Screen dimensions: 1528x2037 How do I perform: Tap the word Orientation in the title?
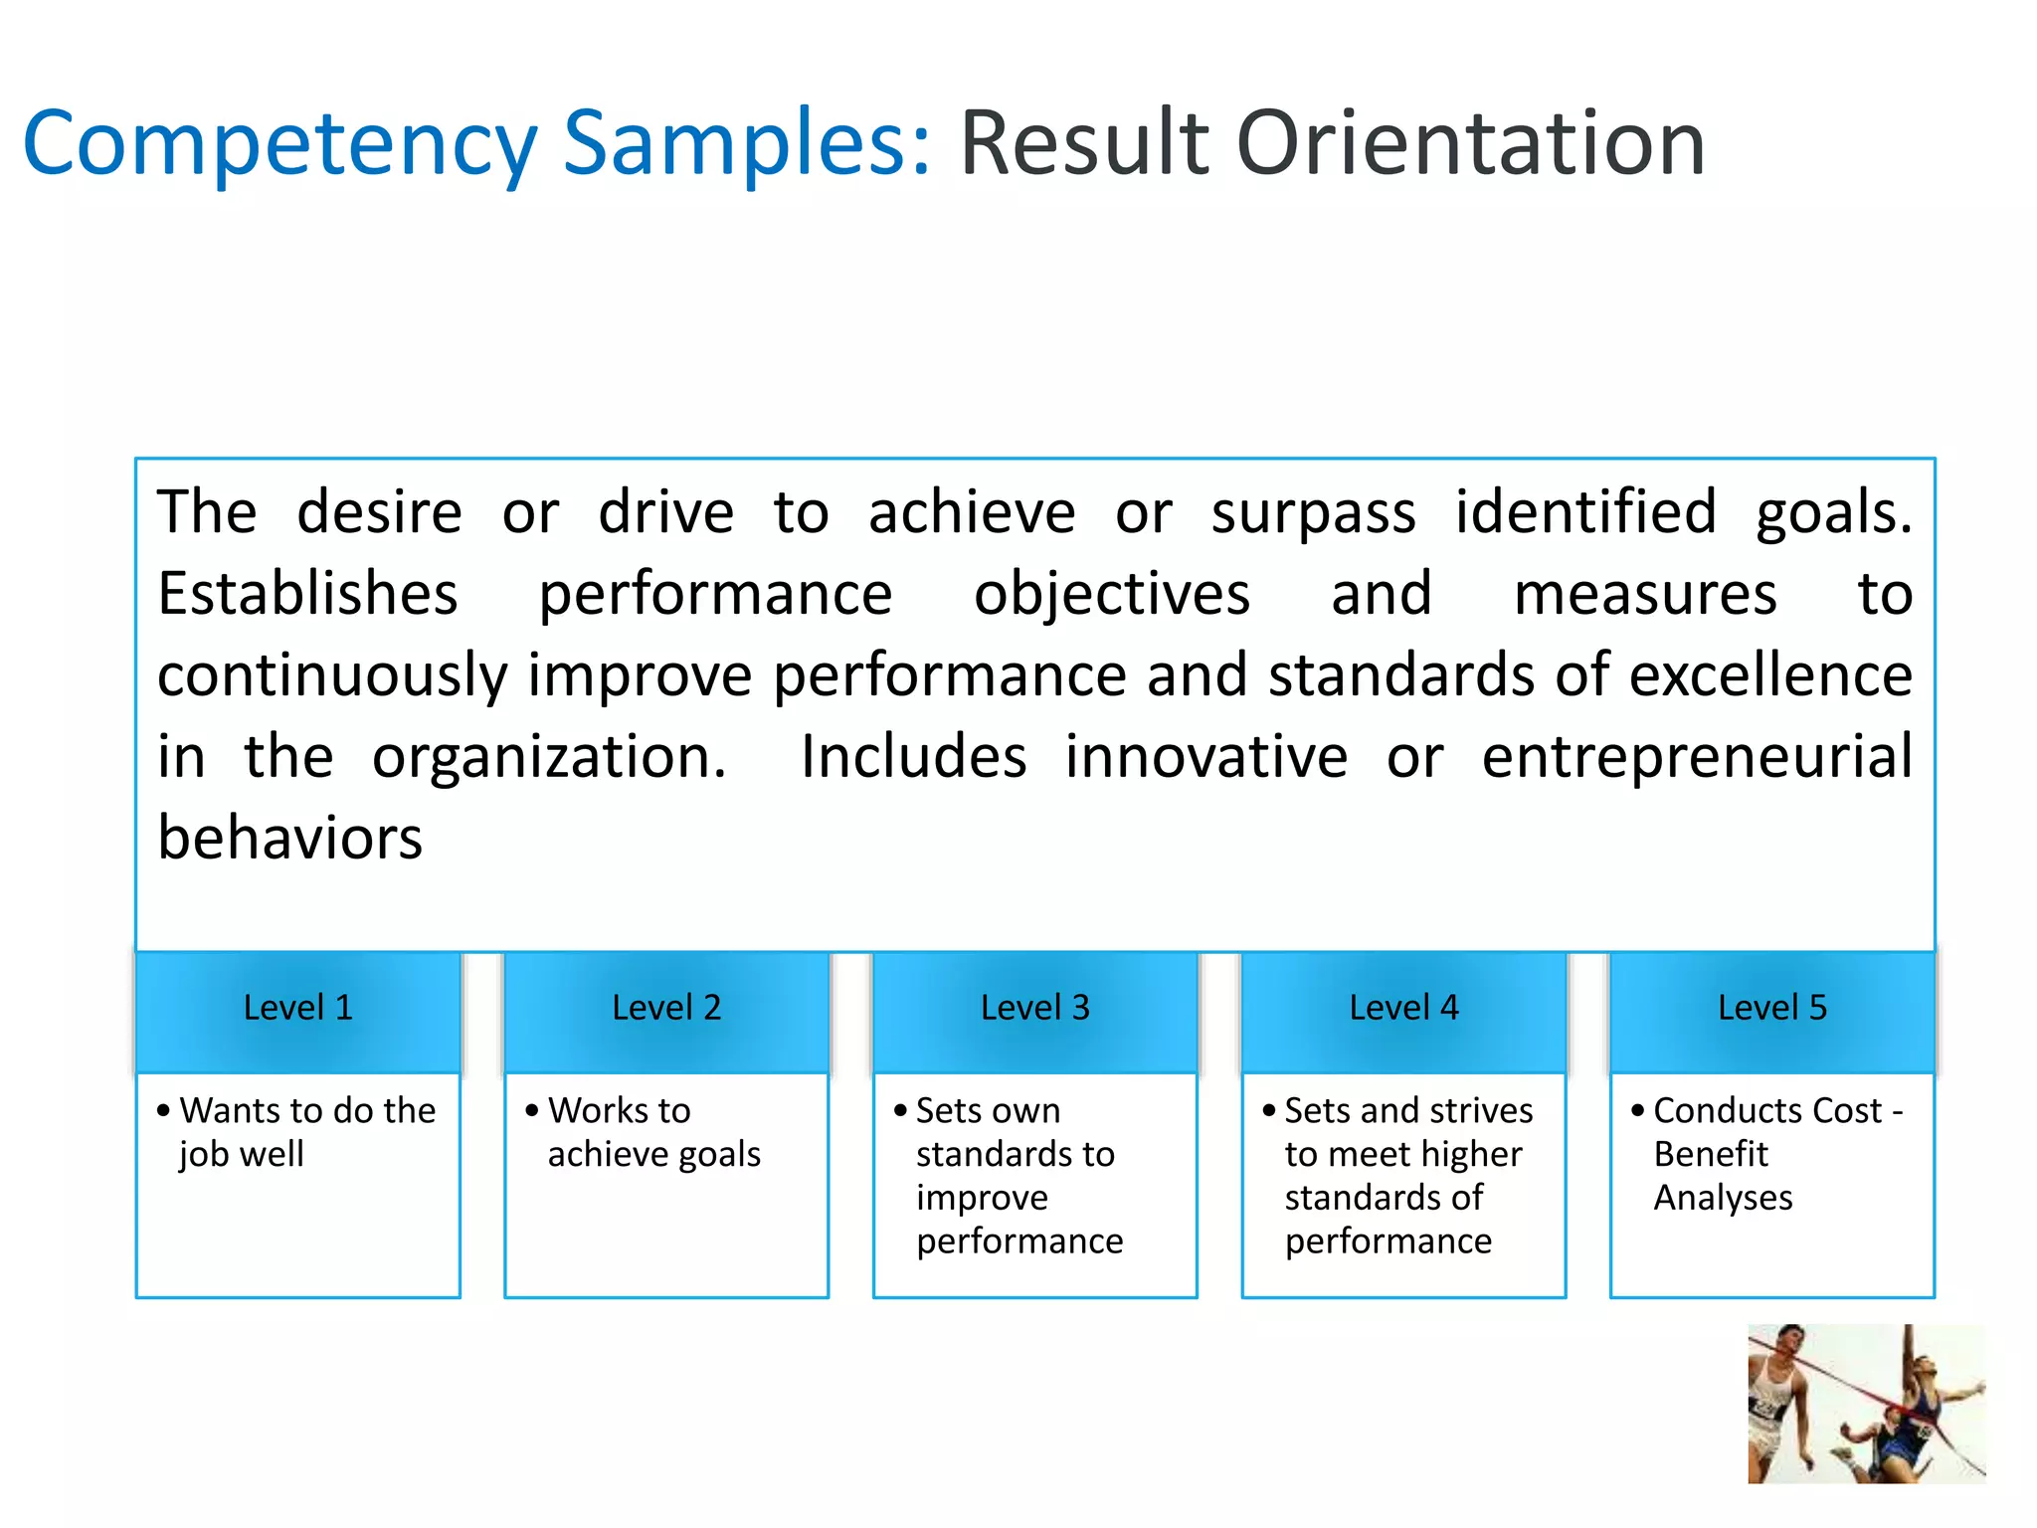[x=1470, y=144]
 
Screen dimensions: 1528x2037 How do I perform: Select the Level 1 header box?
[x=298, y=1009]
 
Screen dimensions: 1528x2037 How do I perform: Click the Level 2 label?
[x=666, y=1008]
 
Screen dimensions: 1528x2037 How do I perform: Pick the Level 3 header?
[x=1034, y=1009]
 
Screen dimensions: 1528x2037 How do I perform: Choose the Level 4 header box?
[x=1403, y=1009]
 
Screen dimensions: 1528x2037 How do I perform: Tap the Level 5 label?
[x=1771, y=1008]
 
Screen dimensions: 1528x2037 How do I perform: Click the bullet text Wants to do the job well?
[x=306, y=1132]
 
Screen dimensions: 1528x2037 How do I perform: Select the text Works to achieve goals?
[x=652, y=1132]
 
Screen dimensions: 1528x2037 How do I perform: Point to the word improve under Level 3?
[x=982, y=1198]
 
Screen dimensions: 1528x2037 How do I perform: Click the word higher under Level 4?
[x=1471, y=1154]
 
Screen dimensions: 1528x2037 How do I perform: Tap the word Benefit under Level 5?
[x=1711, y=1154]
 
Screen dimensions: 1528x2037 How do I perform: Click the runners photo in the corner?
[x=1866, y=1404]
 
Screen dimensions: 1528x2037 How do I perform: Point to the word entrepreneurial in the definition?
[x=1697, y=757]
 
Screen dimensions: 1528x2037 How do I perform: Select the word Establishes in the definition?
[x=307, y=595]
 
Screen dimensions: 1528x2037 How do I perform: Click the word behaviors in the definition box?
[x=290, y=839]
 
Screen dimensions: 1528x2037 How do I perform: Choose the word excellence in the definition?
[x=1770, y=675]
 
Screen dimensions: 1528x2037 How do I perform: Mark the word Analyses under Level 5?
[x=1723, y=1198]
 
